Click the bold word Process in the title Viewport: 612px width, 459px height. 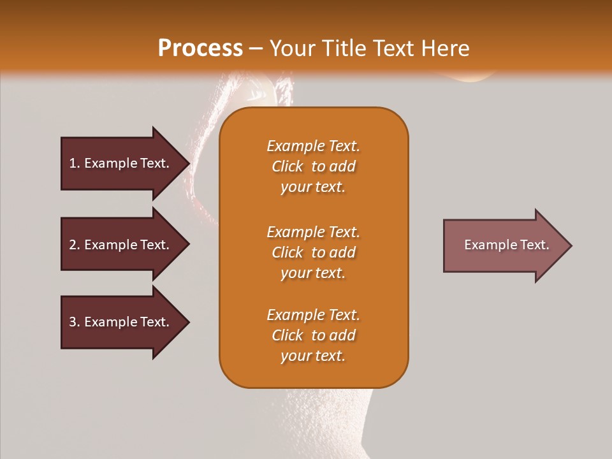[200, 48]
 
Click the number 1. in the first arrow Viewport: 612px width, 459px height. [75, 163]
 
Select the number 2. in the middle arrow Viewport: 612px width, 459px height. [75, 245]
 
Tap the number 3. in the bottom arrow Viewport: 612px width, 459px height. [75, 322]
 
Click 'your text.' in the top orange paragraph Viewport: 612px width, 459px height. [313, 187]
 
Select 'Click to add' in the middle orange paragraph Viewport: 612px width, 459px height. [313, 252]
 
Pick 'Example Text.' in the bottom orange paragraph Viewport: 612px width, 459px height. [313, 315]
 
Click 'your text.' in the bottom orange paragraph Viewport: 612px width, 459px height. [313, 356]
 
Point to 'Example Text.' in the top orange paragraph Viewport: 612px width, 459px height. [313, 146]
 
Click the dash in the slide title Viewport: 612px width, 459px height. [256, 49]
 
